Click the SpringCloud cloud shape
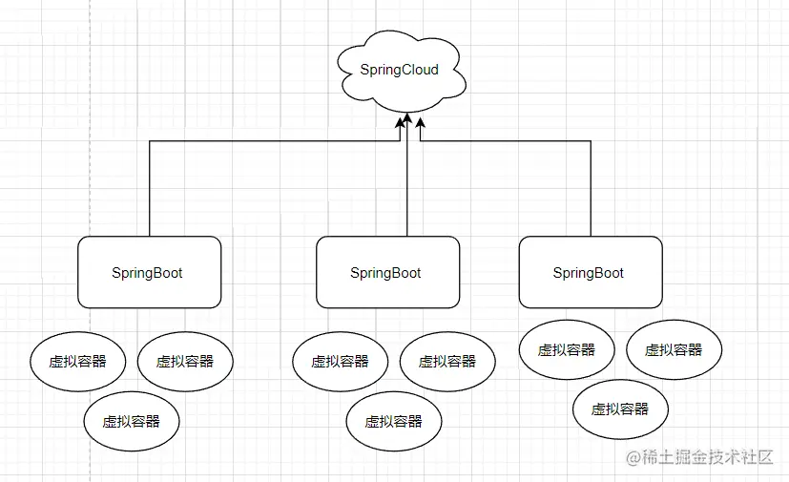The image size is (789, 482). pos(400,71)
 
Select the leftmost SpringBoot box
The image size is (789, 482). pos(149,273)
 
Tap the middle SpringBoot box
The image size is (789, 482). pos(387,273)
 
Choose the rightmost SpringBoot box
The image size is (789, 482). pos(590,273)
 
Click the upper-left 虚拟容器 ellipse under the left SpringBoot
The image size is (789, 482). pos(78,362)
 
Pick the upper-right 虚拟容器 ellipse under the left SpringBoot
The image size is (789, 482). pos(185,362)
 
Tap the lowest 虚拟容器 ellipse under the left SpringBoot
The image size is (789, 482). pos(132,421)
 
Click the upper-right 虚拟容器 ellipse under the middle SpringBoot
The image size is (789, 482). pos(447,362)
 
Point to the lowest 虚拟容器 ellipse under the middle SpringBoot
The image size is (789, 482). pos(394,421)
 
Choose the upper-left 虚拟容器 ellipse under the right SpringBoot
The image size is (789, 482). pos(567,350)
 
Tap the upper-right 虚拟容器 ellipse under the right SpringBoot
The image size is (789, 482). pos(674,350)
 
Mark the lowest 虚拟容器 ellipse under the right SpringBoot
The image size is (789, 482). pos(620,409)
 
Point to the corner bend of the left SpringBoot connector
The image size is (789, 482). pos(150,140)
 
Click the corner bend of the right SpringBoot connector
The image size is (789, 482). pos(591,140)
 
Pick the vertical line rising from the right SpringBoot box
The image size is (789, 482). pos(591,191)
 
